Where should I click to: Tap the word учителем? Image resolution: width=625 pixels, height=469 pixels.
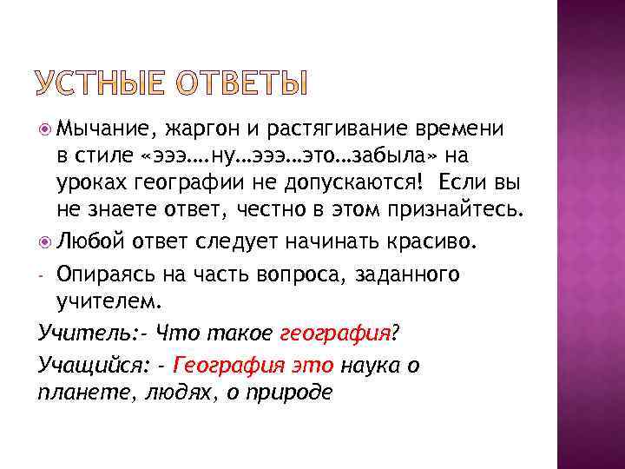point(109,302)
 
